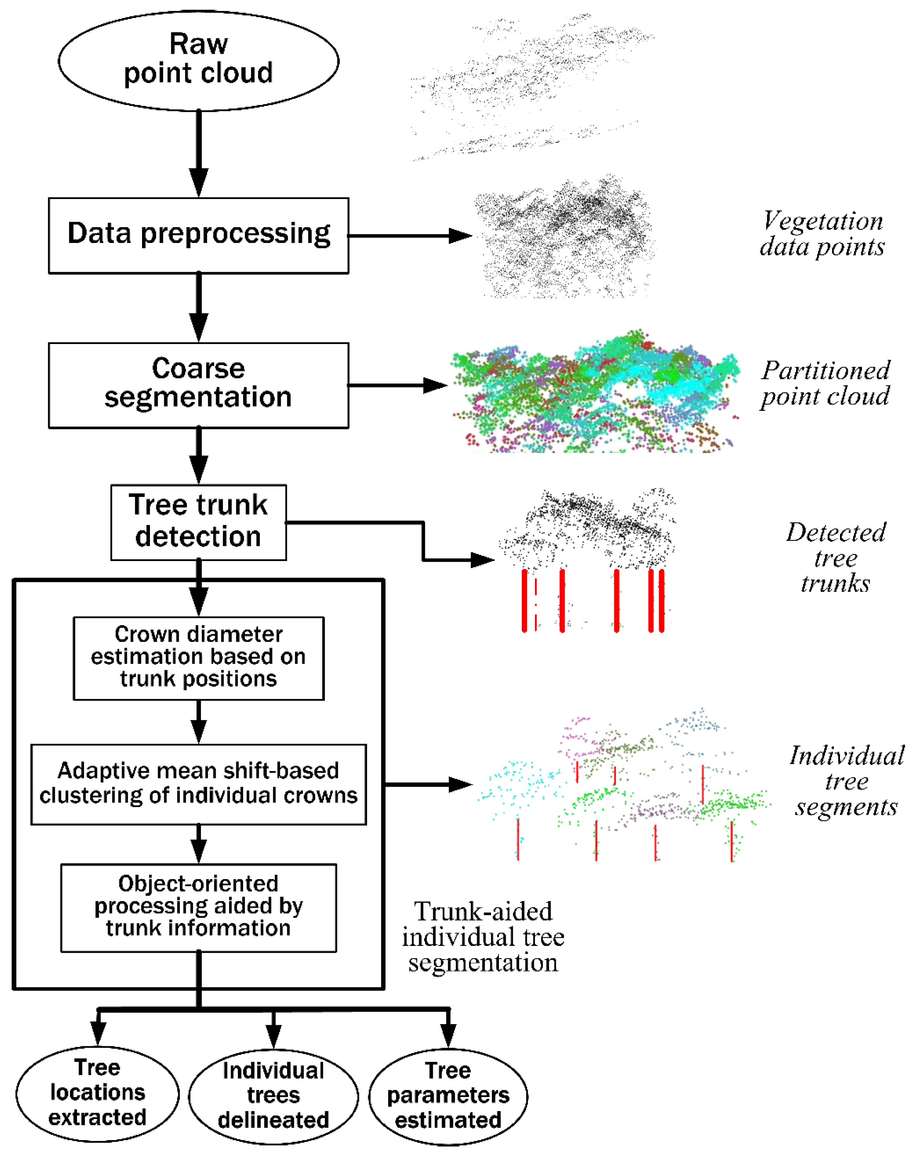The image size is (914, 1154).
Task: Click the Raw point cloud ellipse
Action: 198,60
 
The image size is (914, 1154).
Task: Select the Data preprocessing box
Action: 198,235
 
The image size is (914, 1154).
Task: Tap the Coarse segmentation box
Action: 198,385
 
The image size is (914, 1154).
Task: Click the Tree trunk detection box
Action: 198,522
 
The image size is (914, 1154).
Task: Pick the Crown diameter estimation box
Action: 198,658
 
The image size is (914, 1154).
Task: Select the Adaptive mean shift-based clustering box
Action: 198,783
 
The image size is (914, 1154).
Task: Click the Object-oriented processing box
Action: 198,907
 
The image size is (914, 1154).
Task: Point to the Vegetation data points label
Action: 822,234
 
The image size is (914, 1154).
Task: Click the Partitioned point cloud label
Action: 825,383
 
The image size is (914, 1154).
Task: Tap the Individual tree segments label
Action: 846,781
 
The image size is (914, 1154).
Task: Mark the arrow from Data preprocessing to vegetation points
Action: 409,235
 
